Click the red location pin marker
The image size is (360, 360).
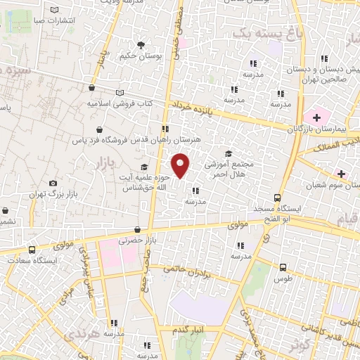coord(181,166)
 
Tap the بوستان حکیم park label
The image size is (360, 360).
coord(136,56)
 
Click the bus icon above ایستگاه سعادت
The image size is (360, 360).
coord(32,250)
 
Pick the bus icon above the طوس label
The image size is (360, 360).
coord(283,267)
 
